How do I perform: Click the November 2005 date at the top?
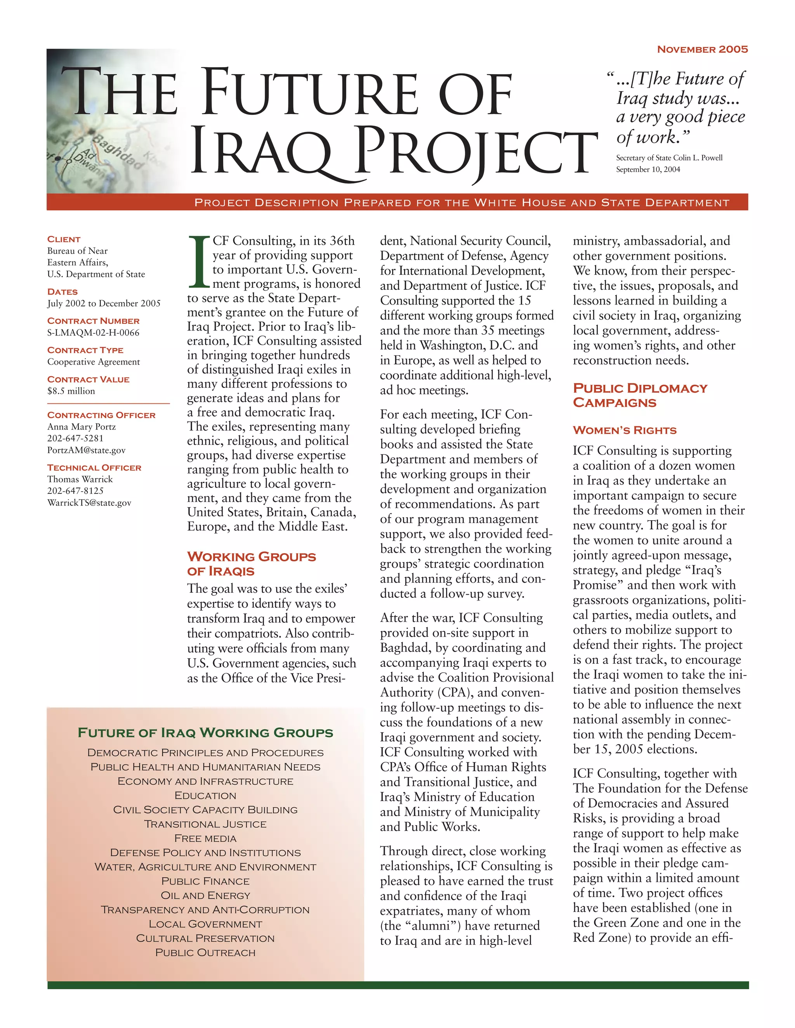tap(702, 49)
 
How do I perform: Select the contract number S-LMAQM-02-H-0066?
tap(93, 333)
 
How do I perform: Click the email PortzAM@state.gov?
tap(86, 450)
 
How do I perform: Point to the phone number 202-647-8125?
tap(75, 491)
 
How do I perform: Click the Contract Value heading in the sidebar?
tap(88, 379)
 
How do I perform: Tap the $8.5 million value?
tap(71, 391)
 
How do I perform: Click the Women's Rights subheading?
tap(624, 430)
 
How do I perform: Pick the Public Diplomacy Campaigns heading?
tap(640, 395)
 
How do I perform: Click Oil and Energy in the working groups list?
tap(205, 895)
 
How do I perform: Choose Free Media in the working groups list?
tap(205, 838)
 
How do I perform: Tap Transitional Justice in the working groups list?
tap(205, 824)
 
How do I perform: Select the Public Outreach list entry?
tap(205, 952)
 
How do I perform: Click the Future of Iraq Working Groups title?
tap(205, 733)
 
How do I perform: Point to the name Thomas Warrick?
tap(80, 479)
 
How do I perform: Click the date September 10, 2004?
tap(647, 170)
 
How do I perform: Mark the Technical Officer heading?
tap(94, 467)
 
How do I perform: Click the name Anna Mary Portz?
tap(82, 427)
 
